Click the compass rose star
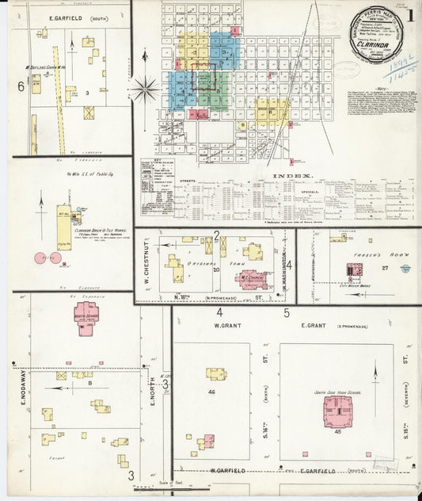tap(146, 88)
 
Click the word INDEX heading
tap(292, 175)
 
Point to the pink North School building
tap(87, 316)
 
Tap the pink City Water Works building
tap(352, 272)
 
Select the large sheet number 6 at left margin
tap(21, 85)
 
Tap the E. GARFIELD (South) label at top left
tap(68, 16)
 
